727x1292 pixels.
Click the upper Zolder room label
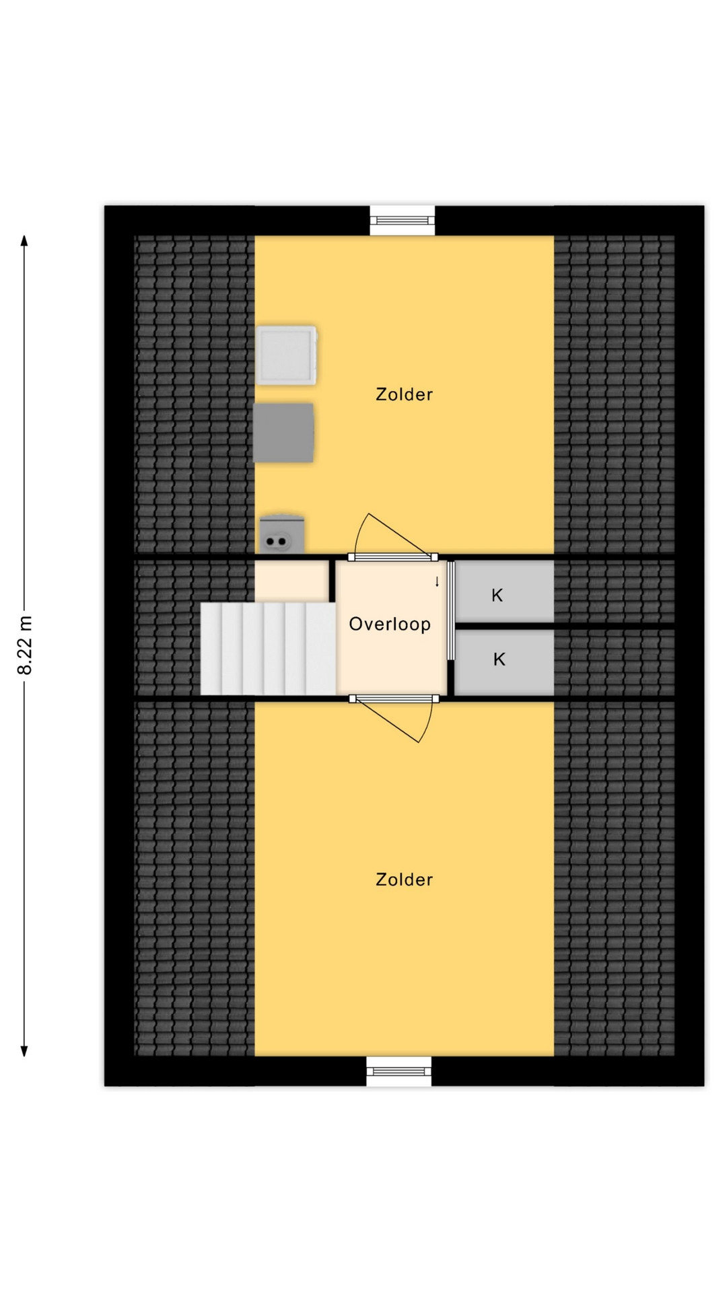coord(404,394)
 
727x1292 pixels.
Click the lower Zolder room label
coord(404,880)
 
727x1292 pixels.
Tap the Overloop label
coord(390,624)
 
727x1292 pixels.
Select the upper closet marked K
coord(505,592)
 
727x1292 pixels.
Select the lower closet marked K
coord(505,662)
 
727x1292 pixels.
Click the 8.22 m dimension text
coord(25,645)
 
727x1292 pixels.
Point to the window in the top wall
coord(403,220)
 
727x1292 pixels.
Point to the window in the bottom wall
coord(399,1071)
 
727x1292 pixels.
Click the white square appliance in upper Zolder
coord(287,355)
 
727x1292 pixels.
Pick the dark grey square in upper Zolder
coord(283,433)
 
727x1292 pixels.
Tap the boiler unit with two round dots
coord(282,534)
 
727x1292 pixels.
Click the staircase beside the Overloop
coord(269,648)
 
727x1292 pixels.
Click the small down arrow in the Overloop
coord(437,581)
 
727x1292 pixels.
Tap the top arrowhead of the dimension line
coord(24,240)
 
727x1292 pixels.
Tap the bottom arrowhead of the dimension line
coord(24,1050)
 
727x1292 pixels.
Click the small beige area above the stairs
coord(291,581)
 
